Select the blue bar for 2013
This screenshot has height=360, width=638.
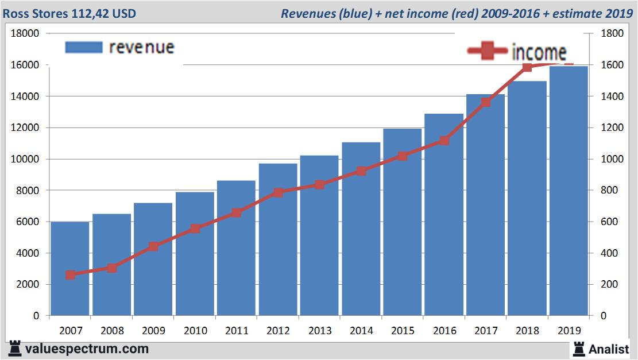319,235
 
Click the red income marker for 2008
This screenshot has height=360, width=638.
112,268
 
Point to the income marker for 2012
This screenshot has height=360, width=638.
278,192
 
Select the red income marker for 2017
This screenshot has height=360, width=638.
486,102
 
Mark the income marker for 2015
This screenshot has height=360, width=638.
403,156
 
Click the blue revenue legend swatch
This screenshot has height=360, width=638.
84,47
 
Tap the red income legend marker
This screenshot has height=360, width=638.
488,52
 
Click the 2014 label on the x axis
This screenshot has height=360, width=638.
361,331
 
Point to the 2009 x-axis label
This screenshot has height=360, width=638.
153,331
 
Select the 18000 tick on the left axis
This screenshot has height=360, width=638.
25,33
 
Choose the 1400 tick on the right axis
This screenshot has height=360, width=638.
611,96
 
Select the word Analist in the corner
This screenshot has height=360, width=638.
609,349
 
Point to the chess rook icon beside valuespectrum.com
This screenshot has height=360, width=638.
15,349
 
